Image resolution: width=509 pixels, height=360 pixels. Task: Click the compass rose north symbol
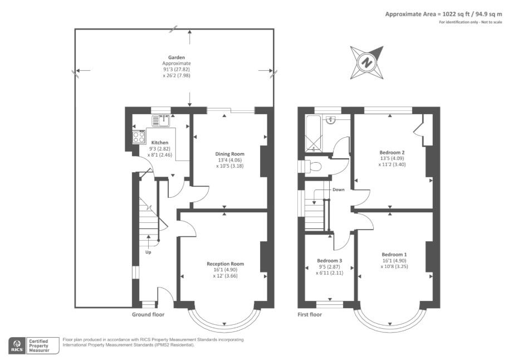(367, 62)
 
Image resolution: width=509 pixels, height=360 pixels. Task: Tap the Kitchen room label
(144, 143)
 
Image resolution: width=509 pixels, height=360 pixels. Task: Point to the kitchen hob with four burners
(139, 137)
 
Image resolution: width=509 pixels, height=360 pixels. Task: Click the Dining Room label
(229, 154)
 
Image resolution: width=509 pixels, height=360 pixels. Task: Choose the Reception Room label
(225, 264)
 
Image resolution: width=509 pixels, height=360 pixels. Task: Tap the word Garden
(177, 57)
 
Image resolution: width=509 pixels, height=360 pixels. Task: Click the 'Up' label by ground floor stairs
(148, 252)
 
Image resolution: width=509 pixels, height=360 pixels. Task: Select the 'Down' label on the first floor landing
(338, 189)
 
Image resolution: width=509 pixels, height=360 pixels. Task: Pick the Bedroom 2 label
(392, 152)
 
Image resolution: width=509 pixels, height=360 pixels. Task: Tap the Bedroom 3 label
(329, 260)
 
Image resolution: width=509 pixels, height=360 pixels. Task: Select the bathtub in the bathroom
(314, 134)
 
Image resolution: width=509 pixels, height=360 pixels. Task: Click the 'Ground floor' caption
(148, 315)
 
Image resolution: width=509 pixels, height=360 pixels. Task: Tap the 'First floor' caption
(310, 315)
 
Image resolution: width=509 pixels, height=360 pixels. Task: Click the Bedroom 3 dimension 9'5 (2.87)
(329, 267)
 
